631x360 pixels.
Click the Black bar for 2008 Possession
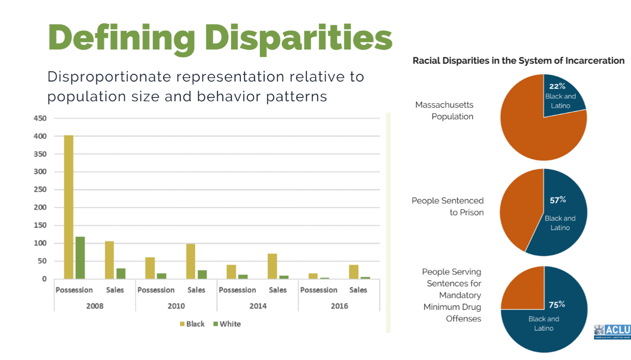pyautogui.click(x=69, y=207)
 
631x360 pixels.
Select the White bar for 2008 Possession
pyautogui.click(x=80, y=258)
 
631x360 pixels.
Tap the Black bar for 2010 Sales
pyautogui.click(x=191, y=261)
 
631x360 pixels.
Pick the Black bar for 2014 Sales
pyautogui.click(x=272, y=266)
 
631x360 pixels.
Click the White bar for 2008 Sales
pyautogui.click(x=121, y=274)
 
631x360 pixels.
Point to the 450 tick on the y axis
pyautogui.click(x=40, y=118)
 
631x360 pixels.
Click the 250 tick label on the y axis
pyautogui.click(x=40, y=190)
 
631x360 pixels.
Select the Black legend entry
pyautogui.click(x=192, y=324)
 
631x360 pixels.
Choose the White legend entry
pyautogui.click(x=227, y=324)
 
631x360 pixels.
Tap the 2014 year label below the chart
pyautogui.click(x=258, y=306)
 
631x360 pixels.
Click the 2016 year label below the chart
pyautogui.click(x=339, y=306)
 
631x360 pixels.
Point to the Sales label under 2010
pyautogui.click(x=196, y=290)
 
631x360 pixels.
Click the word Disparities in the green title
pyautogui.click(x=299, y=38)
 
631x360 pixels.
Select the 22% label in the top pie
pyautogui.click(x=557, y=86)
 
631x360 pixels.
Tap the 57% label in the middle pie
pyautogui.click(x=558, y=200)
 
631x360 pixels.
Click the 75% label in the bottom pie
pyautogui.click(x=557, y=305)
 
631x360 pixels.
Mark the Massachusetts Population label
pyautogui.click(x=444, y=111)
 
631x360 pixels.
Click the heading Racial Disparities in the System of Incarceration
pyautogui.click(x=518, y=61)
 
